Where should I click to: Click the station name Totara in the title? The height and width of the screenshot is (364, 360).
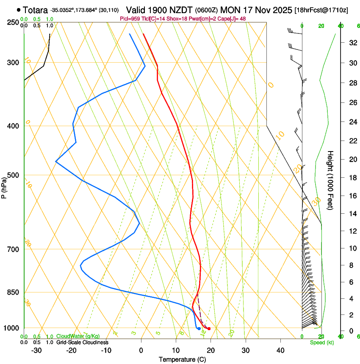coord(36,10)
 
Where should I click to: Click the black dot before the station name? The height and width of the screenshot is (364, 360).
coord(19,9)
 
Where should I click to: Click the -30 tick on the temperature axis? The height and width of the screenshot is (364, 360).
coord(37,350)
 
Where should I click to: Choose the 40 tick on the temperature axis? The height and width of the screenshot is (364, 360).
coord(280,350)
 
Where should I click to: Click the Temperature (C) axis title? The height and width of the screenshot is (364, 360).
coord(182,360)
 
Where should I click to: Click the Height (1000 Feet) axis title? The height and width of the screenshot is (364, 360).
coord(331,180)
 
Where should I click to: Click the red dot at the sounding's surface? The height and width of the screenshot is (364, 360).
coord(209,329)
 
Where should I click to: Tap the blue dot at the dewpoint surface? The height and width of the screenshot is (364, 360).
coord(199,329)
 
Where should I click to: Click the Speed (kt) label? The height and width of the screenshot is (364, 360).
coord(321,342)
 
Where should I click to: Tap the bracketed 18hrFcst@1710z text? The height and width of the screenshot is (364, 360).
coord(321,10)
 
